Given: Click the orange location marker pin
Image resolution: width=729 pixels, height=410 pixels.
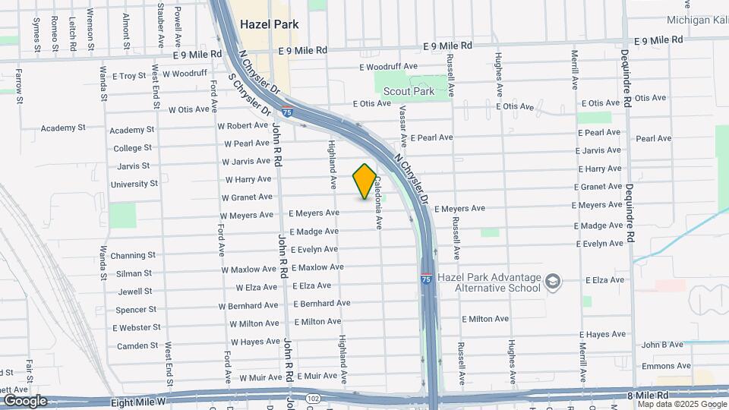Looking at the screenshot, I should tap(364, 181).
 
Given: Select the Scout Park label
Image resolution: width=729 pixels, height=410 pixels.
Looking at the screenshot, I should tap(409, 91).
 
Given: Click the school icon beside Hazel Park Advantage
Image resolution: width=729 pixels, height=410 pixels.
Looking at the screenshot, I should tap(553, 282).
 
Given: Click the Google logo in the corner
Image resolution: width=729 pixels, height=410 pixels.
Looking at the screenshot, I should tap(25, 400).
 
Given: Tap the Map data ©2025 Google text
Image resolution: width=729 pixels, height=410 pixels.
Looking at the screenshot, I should tap(681, 405).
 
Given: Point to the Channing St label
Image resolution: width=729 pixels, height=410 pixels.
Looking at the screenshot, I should tap(133, 256).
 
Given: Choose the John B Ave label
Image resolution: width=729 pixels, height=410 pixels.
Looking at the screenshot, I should tap(662, 345).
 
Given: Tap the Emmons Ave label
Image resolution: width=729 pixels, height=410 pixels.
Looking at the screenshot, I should tap(666, 366).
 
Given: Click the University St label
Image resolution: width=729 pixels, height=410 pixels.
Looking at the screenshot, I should tap(134, 184).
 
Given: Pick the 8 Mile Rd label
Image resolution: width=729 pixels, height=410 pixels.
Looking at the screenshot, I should tap(647, 396).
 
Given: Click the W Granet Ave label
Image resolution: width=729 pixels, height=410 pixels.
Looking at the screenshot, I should tap(247, 197).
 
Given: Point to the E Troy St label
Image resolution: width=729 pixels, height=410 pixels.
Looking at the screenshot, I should tap(128, 76).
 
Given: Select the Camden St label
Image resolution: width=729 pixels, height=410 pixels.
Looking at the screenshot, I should tap(137, 346).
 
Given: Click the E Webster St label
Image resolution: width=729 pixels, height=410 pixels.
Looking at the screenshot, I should tap(137, 327).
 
